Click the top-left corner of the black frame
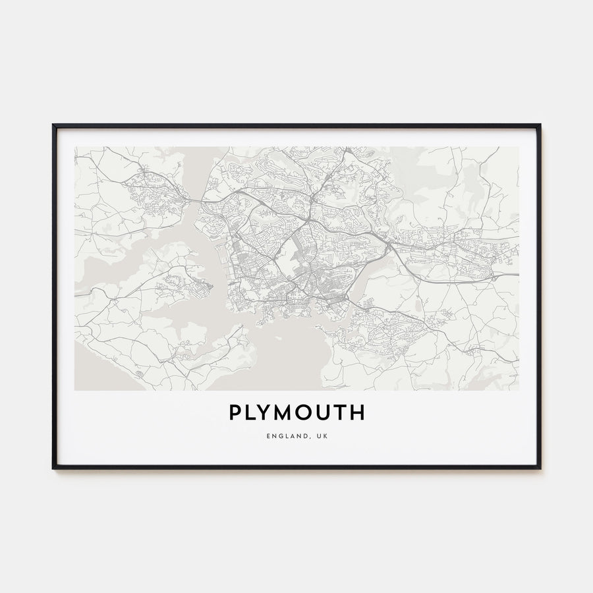[x=53, y=125]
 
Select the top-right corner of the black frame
[x=540, y=125]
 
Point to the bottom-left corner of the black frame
[x=53, y=468]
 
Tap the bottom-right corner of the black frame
[x=540, y=468]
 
